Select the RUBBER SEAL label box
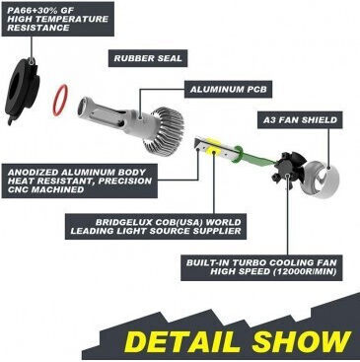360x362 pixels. click(148, 58)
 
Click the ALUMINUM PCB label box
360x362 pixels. click(228, 89)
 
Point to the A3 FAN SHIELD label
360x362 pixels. click(301, 119)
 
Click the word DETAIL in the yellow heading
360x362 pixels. click(182, 341)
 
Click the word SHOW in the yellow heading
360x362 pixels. click(301, 341)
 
